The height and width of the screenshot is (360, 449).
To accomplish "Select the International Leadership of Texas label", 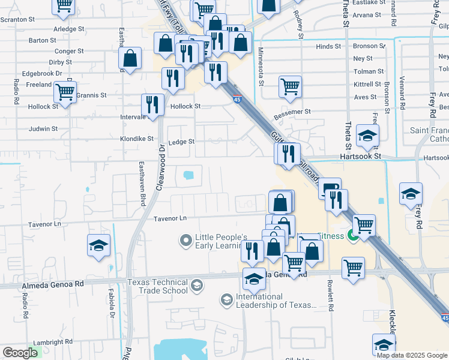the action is (x=276, y=301).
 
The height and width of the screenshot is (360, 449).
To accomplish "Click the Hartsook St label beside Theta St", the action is (x=361, y=156).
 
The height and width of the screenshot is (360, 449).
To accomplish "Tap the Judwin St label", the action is (x=44, y=128).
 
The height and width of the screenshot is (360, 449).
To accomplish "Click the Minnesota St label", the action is (x=261, y=67).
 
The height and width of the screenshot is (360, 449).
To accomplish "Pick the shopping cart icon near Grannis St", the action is (x=65, y=92).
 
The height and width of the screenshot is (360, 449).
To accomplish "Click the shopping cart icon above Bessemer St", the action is (x=290, y=86).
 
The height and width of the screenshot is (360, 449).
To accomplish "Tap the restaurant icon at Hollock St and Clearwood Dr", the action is (x=152, y=104).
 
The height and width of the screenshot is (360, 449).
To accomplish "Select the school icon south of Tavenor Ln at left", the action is (x=99, y=245).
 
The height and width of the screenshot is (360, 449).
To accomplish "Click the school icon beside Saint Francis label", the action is (x=367, y=136).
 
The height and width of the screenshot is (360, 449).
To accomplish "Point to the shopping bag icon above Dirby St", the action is (x=130, y=59).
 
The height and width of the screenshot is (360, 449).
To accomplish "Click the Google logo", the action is (x=20, y=353).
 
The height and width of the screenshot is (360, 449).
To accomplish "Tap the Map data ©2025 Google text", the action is (x=412, y=355).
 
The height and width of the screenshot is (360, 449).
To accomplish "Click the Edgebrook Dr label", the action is (x=42, y=73).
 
